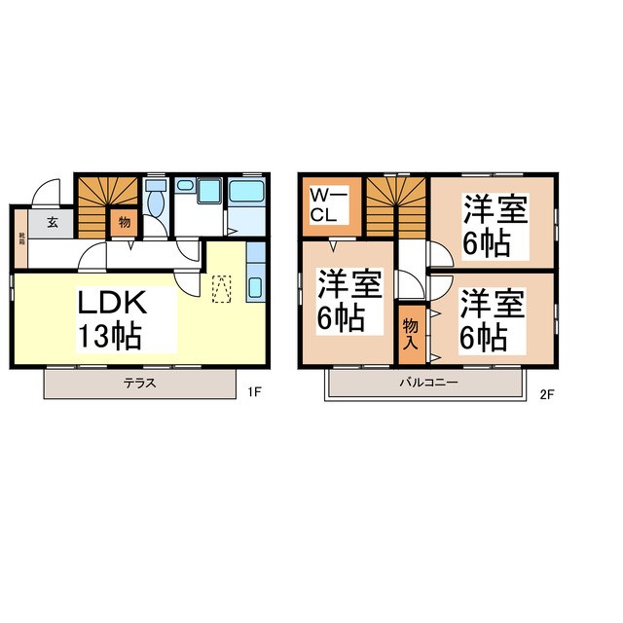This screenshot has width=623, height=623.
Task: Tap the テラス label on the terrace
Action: pyautogui.click(x=140, y=383)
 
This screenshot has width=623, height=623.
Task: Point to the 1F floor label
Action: pyautogui.click(x=255, y=392)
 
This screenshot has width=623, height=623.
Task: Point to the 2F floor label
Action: pyautogui.click(x=546, y=392)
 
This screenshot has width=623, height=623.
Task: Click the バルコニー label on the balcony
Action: pyautogui.click(x=427, y=383)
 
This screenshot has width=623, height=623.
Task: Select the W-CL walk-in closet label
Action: pyautogui.click(x=324, y=204)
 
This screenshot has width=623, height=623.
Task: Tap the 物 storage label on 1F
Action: pyautogui.click(x=125, y=222)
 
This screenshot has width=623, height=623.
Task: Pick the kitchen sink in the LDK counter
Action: pyautogui.click(x=255, y=288)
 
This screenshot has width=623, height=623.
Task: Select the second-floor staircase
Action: pyautogui.click(x=396, y=204)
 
